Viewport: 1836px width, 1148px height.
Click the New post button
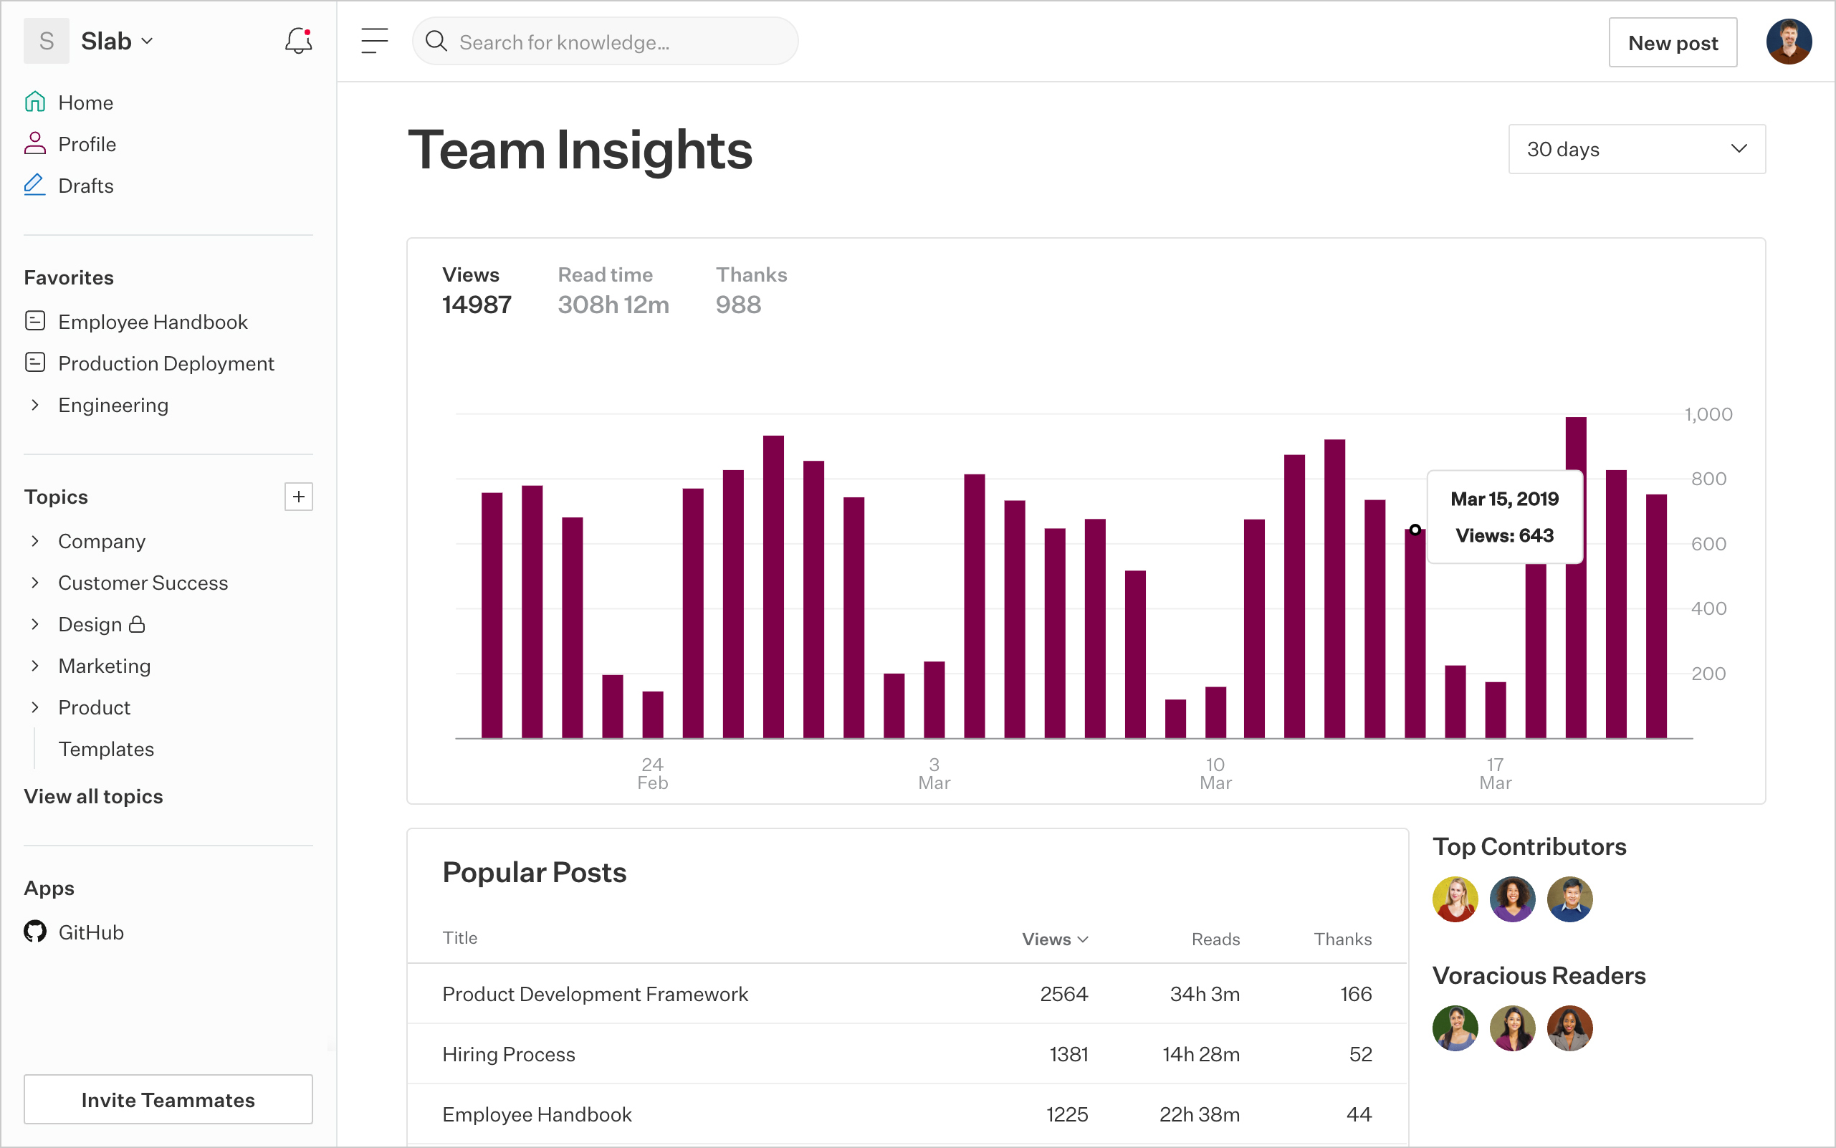pos(1672,42)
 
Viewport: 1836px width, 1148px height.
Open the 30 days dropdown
pos(1636,149)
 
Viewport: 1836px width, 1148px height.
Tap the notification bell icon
pos(298,41)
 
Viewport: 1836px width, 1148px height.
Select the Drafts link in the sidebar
pos(85,186)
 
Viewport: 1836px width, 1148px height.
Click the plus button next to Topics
pos(298,497)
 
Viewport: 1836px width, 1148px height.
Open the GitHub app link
pos(90,932)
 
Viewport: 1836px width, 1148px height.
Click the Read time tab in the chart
pos(605,275)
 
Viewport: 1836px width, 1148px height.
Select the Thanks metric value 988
pos(738,305)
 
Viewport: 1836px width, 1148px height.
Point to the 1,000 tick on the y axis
pos(1708,414)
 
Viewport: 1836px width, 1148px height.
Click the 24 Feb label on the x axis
pos(652,773)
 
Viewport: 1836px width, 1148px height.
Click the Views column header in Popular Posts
pos(1054,939)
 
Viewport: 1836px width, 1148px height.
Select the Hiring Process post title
pos(509,1054)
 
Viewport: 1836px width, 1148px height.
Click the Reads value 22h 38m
pos(1199,1114)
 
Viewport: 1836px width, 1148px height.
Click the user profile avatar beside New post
pos(1788,42)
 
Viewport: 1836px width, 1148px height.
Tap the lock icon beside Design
pos(137,624)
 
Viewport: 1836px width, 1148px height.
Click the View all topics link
pos(93,796)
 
